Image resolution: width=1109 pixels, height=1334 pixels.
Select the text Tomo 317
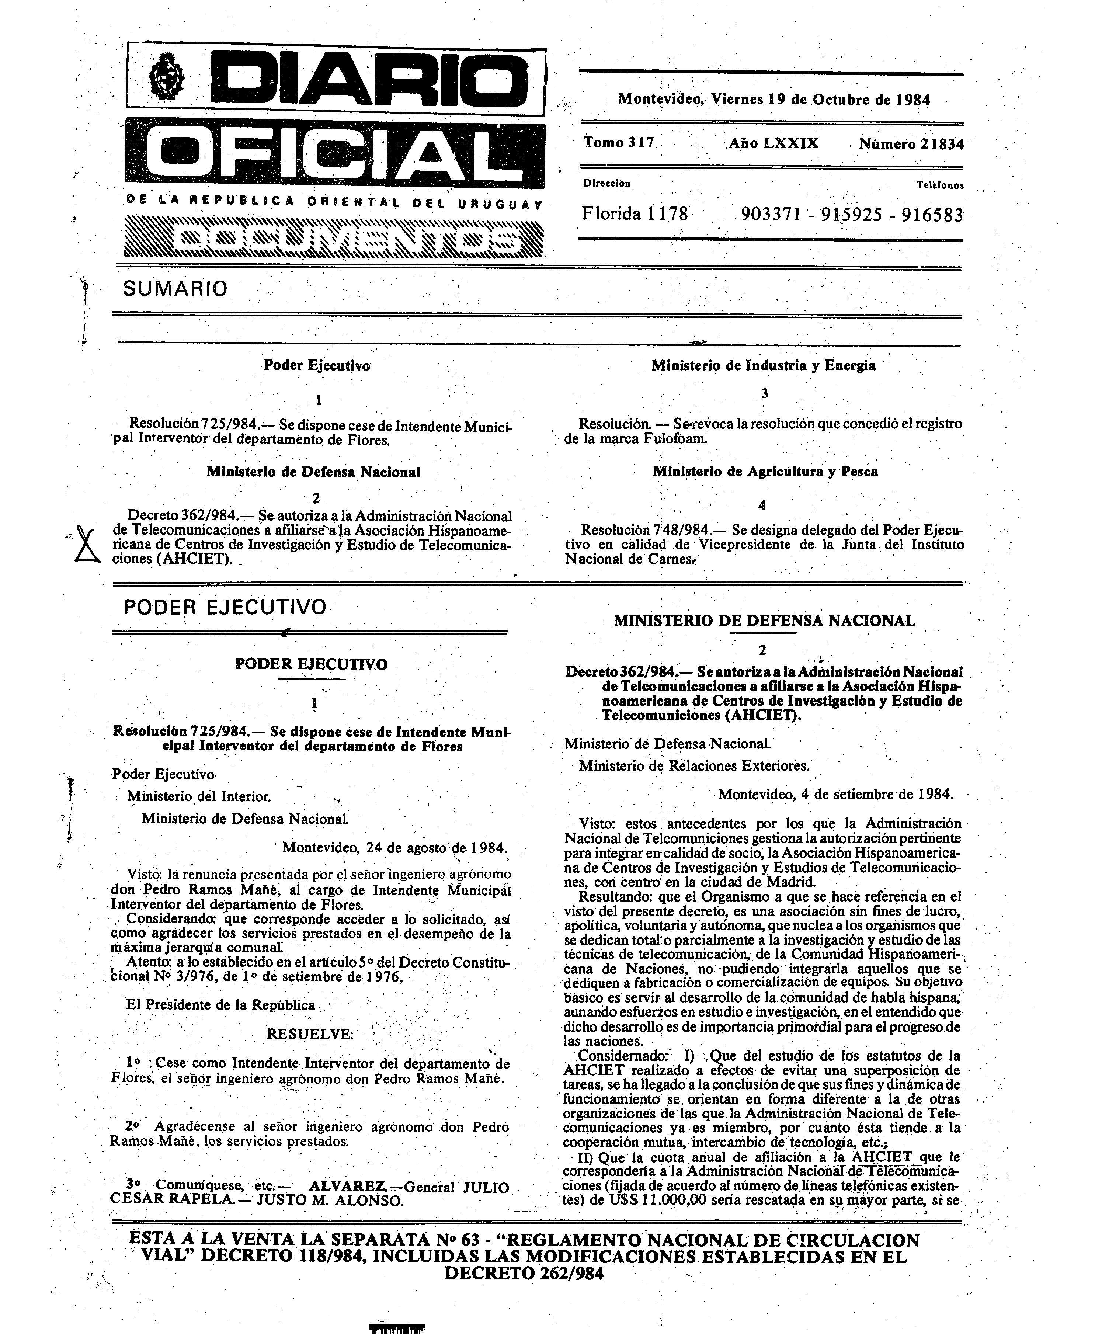point(619,143)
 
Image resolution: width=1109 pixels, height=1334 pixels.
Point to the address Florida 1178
point(635,214)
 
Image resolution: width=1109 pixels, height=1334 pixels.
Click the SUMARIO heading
point(175,289)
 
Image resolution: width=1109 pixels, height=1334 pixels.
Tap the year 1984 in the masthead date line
point(913,100)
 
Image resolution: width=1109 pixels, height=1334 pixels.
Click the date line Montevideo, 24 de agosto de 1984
point(395,847)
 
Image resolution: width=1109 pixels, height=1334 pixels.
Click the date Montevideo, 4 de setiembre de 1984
point(835,794)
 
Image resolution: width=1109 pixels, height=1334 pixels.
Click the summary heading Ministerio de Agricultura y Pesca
point(765,472)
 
